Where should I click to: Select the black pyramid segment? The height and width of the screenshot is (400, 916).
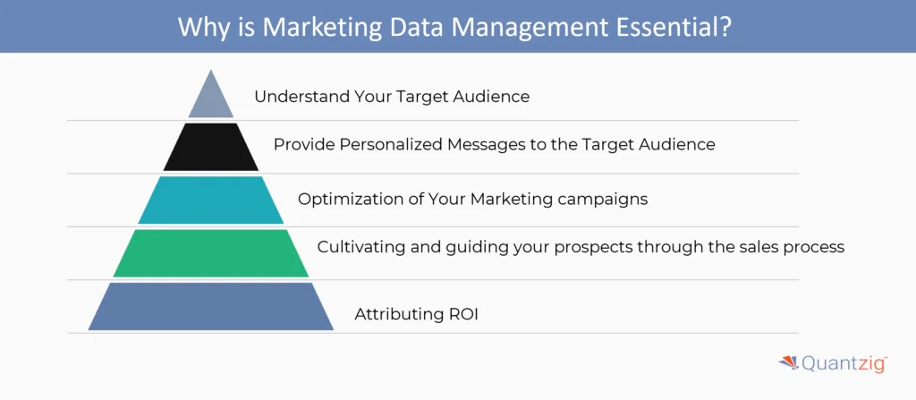click(211, 147)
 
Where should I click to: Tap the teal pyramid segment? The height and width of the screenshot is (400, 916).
click(211, 200)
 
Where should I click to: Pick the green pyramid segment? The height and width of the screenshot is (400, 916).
click(211, 253)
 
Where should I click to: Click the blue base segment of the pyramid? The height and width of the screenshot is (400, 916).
click(211, 306)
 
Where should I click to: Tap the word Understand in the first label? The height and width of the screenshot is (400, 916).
click(302, 97)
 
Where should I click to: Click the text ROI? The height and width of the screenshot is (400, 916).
click(463, 315)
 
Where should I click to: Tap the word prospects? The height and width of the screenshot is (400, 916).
click(591, 248)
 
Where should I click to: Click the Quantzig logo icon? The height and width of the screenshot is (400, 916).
click(789, 363)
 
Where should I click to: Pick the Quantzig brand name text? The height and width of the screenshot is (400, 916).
click(844, 364)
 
